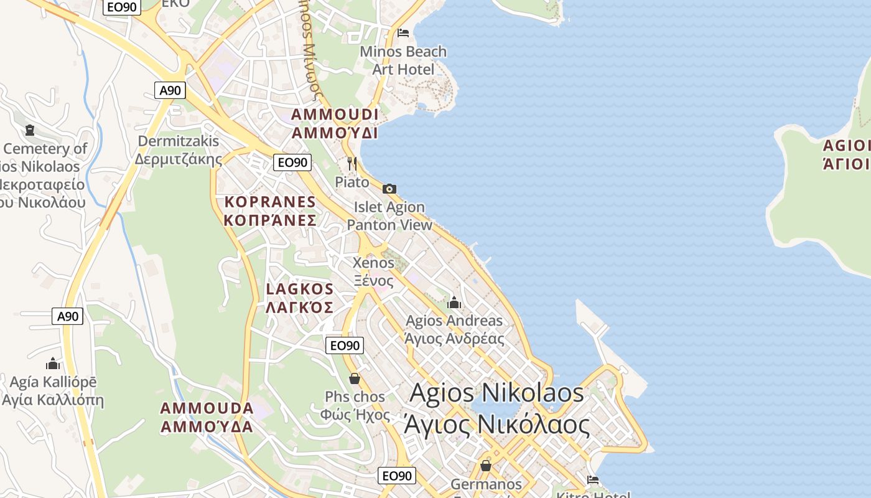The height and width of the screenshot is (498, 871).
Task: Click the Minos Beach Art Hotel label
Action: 403,60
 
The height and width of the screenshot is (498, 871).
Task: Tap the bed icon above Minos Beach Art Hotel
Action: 403,32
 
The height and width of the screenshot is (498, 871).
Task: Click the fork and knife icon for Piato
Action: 352,164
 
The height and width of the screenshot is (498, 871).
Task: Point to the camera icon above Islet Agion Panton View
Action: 389,189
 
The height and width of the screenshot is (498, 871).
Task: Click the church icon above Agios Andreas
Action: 454,303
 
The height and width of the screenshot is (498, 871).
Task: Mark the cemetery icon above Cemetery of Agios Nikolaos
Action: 29,130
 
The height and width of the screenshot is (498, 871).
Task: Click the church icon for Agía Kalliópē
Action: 53,363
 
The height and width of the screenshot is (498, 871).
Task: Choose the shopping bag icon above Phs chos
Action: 355,378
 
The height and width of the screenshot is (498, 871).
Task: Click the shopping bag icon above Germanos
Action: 486,466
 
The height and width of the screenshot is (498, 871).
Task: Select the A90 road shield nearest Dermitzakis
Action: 170,90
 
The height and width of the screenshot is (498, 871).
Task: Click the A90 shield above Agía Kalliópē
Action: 67,316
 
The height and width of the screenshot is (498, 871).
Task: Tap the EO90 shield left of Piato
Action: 292,162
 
